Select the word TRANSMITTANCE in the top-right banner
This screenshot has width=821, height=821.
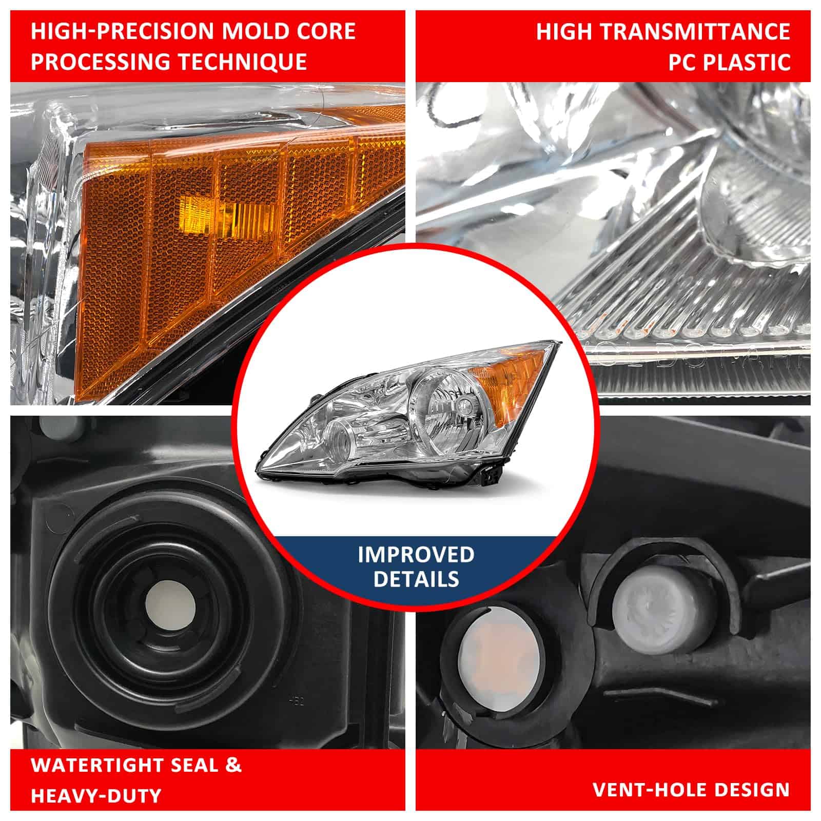coord(695,31)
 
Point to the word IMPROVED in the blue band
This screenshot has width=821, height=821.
coord(416,555)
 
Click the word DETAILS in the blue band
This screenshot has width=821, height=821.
coord(416,579)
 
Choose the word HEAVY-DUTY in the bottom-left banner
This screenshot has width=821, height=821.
coord(96,796)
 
